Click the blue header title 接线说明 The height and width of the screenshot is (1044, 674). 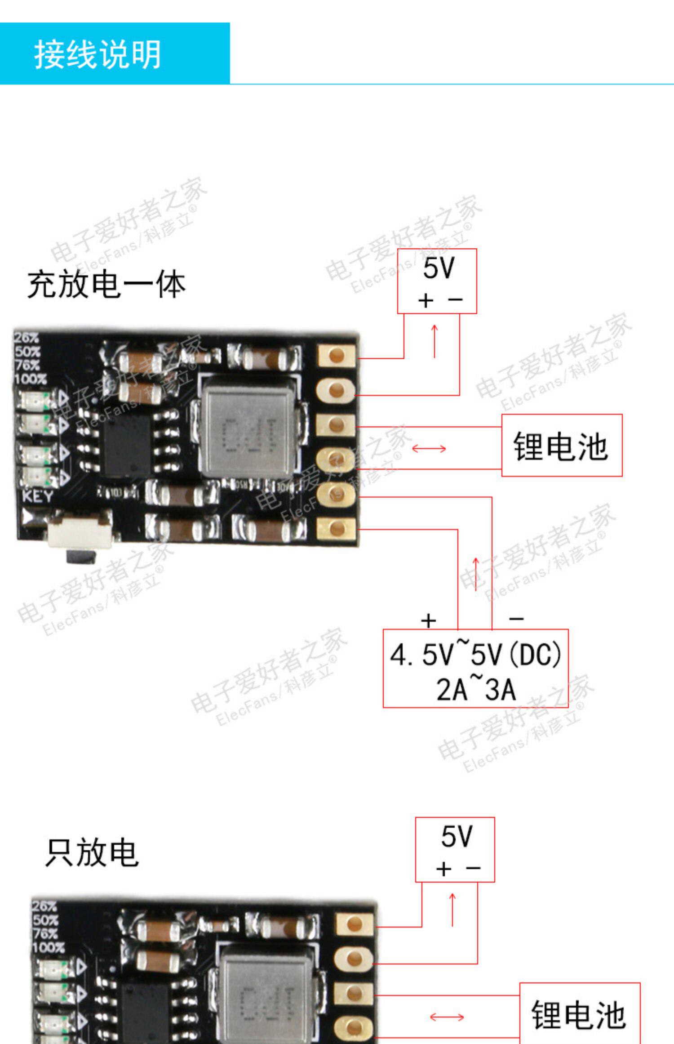pyautogui.click(x=98, y=54)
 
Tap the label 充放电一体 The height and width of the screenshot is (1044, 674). pyautogui.click(x=106, y=285)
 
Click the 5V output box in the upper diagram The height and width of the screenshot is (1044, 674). pyautogui.click(x=437, y=281)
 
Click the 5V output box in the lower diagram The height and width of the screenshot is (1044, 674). pyautogui.click(x=455, y=849)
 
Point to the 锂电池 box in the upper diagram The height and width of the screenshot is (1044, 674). pyautogui.click(x=562, y=445)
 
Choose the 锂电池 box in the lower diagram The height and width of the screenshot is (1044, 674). pyautogui.click(x=580, y=1014)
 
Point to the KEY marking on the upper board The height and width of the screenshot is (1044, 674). pyautogui.click(x=38, y=497)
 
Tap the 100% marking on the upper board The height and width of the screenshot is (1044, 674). pyautogui.click(x=31, y=379)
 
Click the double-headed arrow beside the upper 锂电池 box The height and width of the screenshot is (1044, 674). pyautogui.click(x=429, y=448)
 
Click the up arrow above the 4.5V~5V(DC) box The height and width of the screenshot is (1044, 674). pyautogui.click(x=476, y=574)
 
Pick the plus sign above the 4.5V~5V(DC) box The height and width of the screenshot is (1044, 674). pyautogui.click(x=429, y=620)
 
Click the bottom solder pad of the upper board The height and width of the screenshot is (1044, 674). pyautogui.click(x=337, y=529)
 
